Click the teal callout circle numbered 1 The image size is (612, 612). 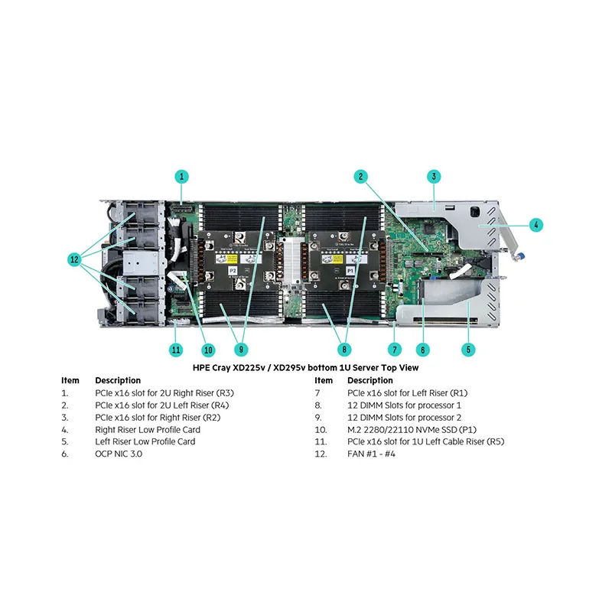tap(181, 177)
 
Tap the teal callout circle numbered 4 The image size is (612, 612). tap(536, 225)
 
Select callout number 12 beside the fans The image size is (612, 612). tap(74, 259)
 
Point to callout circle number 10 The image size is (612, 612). tap(208, 350)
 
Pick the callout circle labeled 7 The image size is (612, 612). tap(395, 350)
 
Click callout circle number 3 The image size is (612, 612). tap(434, 177)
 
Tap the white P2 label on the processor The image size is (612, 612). tap(233, 271)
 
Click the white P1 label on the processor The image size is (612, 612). tap(350, 271)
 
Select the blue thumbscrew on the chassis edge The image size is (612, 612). tap(521, 256)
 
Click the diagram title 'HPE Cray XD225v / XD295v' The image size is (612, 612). tap(249, 368)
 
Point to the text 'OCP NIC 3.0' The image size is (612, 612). tap(119, 454)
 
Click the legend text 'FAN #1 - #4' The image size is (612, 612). tap(371, 454)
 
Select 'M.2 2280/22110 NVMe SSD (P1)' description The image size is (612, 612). tap(412, 430)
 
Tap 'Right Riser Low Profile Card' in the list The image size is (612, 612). tap(148, 430)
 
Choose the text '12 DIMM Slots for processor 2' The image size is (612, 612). tap(405, 418)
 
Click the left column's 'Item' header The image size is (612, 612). tap(70, 380)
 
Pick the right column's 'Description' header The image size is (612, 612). tap(370, 380)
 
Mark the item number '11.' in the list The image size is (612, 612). tap(321, 442)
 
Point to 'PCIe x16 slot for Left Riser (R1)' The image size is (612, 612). tap(408, 393)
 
